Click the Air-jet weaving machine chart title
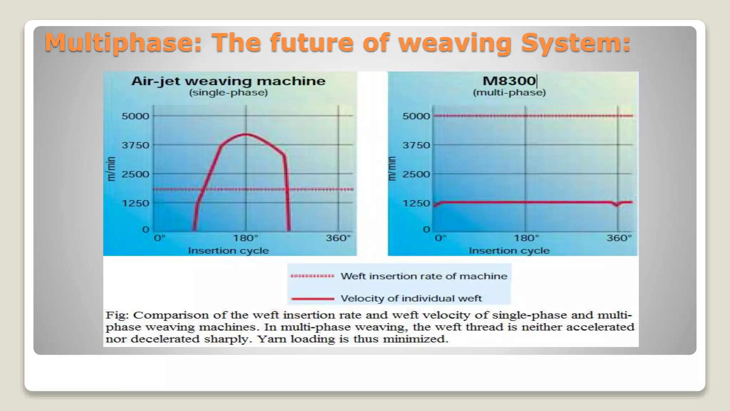click(x=228, y=81)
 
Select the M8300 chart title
click(x=509, y=81)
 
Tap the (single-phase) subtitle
click(x=228, y=93)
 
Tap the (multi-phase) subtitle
click(x=509, y=93)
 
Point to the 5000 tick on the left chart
click(x=135, y=116)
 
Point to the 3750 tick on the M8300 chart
click(x=416, y=145)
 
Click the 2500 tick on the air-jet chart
click(x=135, y=174)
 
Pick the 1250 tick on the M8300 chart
click(x=416, y=203)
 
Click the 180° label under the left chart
click(x=246, y=238)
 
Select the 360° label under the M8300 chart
click(x=619, y=238)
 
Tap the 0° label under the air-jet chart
click(x=160, y=238)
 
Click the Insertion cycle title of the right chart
click(x=509, y=251)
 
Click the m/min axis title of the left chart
click(x=112, y=169)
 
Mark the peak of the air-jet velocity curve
click(x=246, y=134)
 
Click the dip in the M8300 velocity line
click(x=617, y=205)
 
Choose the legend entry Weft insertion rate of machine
click(x=423, y=276)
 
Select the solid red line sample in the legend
click(x=313, y=299)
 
